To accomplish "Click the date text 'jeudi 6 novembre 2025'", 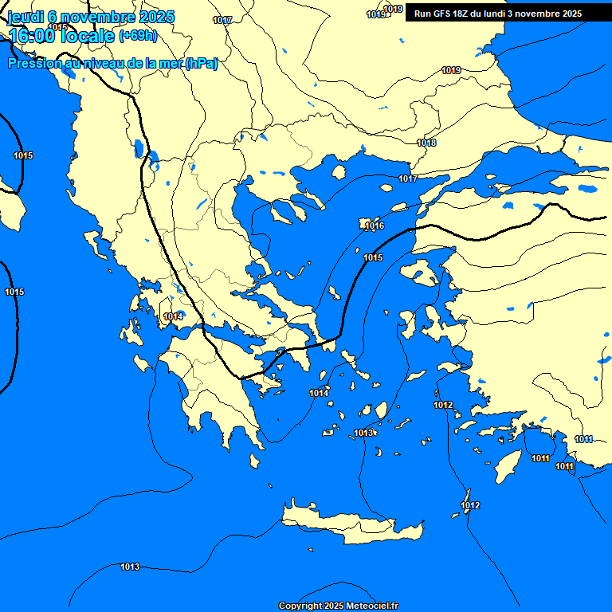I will pyautogui.click(x=90, y=17).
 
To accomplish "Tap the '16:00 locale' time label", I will pyautogui.click(x=61, y=36).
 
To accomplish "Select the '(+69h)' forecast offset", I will pyautogui.click(x=138, y=36).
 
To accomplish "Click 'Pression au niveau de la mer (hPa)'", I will pyautogui.click(x=112, y=64).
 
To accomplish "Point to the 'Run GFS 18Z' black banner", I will pyautogui.click(x=497, y=14).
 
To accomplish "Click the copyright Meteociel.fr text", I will pyautogui.click(x=338, y=606).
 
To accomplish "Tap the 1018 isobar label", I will pyautogui.click(x=426, y=143).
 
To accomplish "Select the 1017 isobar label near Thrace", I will pyautogui.click(x=408, y=178).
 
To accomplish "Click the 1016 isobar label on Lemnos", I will pyautogui.click(x=375, y=226).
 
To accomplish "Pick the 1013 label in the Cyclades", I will pyautogui.click(x=364, y=433).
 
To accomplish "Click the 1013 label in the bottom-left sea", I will pyautogui.click(x=130, y=567).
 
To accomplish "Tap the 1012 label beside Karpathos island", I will pyautogui.click(x=470, y=505).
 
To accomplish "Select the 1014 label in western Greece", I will pyautogui.click(x=174, y=317).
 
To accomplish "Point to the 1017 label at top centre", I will pyautogui.click(x=223, y=20).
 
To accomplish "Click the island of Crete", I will pyautogui.click(x=351, y=526).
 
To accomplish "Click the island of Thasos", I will pyautogui.click(x=339, y=172).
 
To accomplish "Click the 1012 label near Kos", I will pyautogui.click(x=443, y=406).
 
